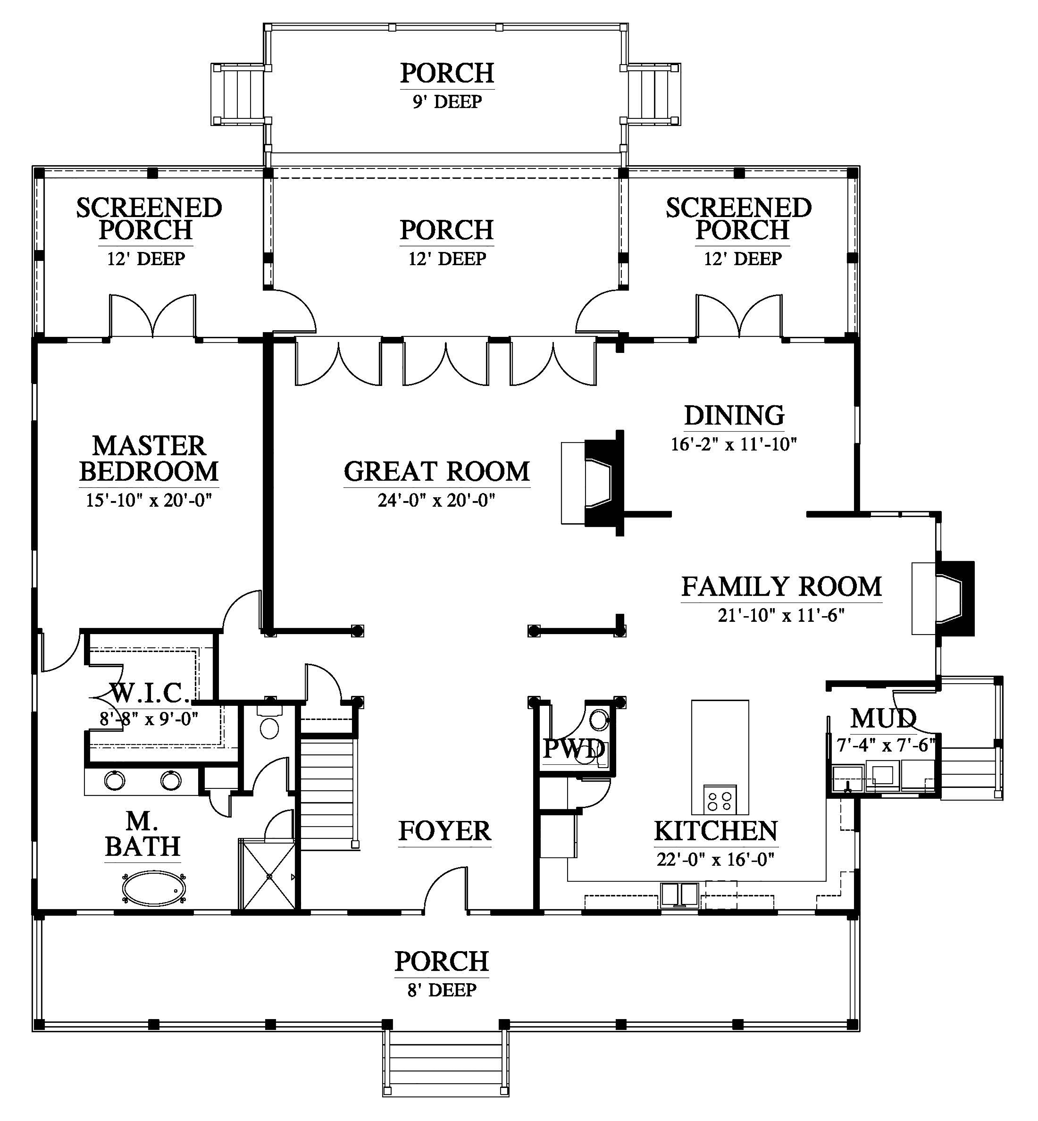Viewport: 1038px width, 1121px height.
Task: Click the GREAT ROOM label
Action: (x=437, y=472)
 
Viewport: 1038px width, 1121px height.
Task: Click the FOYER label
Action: (x=445, y=831)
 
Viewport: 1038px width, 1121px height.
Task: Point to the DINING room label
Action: (x=734, y=415)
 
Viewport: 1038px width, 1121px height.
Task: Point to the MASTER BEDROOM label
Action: (x=149, y=459)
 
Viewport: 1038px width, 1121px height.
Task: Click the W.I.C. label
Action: (x=150, y=694)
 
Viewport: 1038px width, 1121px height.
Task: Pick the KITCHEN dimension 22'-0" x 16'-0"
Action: (x=716, y=859)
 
